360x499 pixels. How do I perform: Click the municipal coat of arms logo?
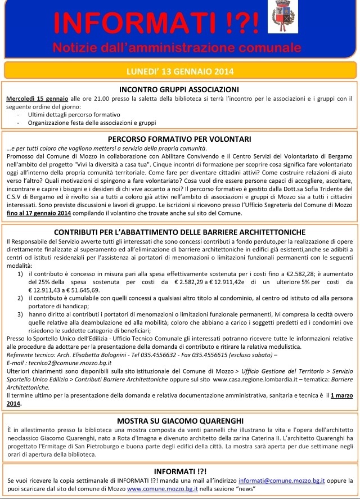tap(280, 16)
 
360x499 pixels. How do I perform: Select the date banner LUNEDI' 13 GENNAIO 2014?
tap(180, 71)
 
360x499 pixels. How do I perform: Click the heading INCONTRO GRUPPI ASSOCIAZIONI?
tap(180, 89)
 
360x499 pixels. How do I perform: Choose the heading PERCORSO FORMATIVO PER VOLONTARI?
tap(180, 138)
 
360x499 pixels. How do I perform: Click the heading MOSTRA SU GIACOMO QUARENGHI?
tap(180, 420)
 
